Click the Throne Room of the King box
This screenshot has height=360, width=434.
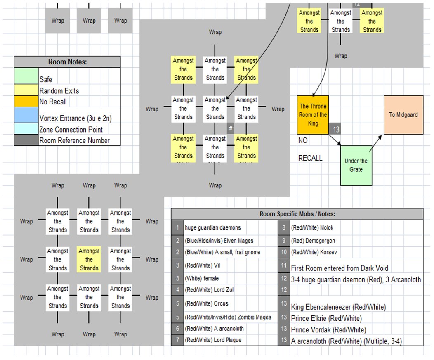pyautogui.click(x=313, y=114)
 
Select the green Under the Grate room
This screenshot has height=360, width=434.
pyautogui.click(x=356, y=165)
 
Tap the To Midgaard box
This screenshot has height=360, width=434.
pyautogui.click(x=403, y=115)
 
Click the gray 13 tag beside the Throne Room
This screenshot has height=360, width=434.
pyautogui.click(x=336, y=130)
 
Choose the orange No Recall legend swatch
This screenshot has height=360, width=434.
pyautogui.click(x=26, y=101)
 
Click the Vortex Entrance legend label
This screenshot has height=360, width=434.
pyautogui.click(x=75, y=118)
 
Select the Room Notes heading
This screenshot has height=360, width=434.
pyautogui.click(x=67, y=62)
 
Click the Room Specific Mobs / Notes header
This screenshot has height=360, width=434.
pyautogui.click(x=297, y=214)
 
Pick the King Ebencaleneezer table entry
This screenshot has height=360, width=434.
pyautogui.click(x=338, y=307)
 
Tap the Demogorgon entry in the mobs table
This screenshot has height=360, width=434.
pyautogui.click(x=313, y=241)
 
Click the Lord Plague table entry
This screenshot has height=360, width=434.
pyautogui.click(x=213, y=340)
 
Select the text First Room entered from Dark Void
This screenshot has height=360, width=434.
pyautogui.click(x=340, y=268)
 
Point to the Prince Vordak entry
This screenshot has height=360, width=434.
pyautogui.click(x=329, y=330)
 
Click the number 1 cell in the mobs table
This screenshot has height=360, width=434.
pyautogui.click(x=177, y=227)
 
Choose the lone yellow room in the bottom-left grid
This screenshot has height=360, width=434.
pyautogui.click(x=89, y=260)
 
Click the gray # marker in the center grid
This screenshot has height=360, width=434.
pyautogui.click(x=231, y=128)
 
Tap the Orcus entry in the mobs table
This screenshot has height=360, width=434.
pyautogui.click(x=208, y=303)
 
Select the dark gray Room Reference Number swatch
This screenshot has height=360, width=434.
pyautogui.click(x=26, y=140)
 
